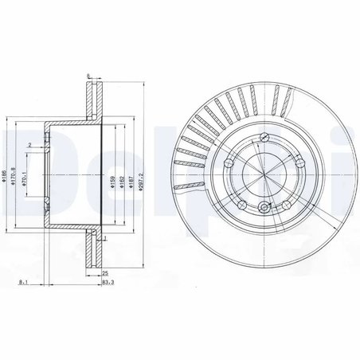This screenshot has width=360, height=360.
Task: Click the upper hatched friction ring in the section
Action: pyautogui.click(x=94, y=100)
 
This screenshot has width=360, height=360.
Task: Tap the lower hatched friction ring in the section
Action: pyautogui.click(x=94, y=251)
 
